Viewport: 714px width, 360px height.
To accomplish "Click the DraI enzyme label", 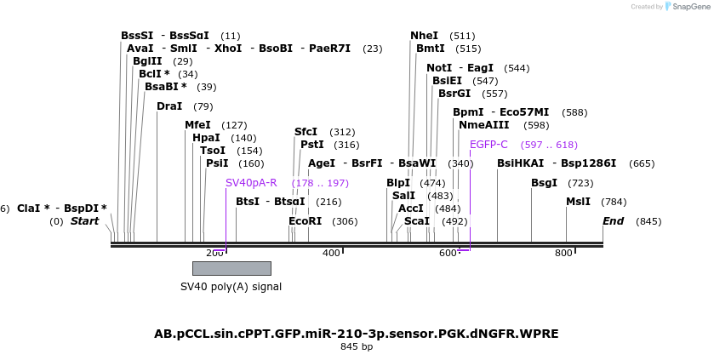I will [169, 106].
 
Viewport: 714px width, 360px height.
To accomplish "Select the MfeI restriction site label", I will [197, 125].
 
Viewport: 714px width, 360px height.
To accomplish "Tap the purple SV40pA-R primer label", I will [251, 183].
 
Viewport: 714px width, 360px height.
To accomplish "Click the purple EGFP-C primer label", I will [488, 145].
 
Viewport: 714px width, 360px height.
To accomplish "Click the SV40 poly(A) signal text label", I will [231, 286].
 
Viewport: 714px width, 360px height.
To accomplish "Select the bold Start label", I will [84, 221].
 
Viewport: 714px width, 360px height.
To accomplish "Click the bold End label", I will [613, 221].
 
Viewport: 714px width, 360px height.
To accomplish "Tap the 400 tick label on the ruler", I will [331, 253].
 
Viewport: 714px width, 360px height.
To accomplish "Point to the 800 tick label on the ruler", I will [563, 253].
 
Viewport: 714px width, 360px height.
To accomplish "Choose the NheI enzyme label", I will [424, 36].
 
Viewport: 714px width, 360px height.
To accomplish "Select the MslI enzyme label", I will [578, 202].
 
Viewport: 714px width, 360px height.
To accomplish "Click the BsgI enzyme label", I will [544, 183].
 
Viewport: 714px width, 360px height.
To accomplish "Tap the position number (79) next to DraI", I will [203, 106].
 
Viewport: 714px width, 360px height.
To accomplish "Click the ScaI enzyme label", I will [417, 221].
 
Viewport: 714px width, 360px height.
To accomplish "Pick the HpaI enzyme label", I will [206, 138].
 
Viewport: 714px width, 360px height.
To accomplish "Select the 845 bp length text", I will [357, 346].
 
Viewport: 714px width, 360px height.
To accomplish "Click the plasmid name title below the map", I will [357, 333].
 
